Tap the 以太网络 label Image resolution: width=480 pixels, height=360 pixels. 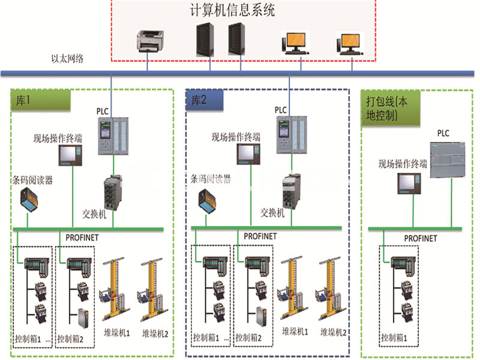(x=67, y=59)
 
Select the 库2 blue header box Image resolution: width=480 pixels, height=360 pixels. (x=204, y=101)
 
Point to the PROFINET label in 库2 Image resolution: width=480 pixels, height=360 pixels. (x=260, y=236)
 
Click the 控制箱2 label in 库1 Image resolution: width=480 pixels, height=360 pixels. (x=72, y=339)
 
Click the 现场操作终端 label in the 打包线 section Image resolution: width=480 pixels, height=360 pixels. (x=403, y=164)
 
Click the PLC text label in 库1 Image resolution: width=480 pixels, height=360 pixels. (x=103, y=111)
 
